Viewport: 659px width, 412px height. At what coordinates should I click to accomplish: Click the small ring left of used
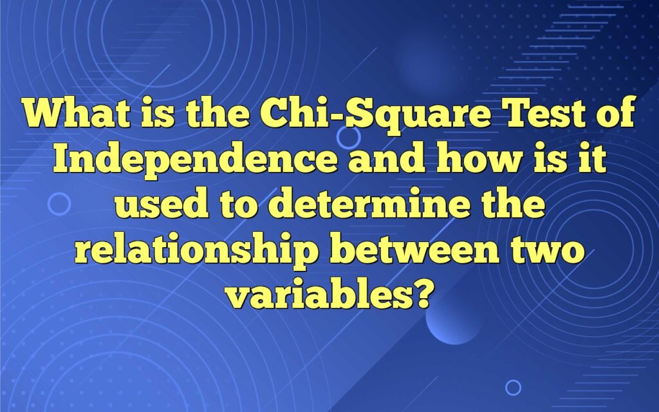click(59, 204)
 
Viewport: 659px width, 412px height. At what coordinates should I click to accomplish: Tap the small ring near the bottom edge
click(513, 387)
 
